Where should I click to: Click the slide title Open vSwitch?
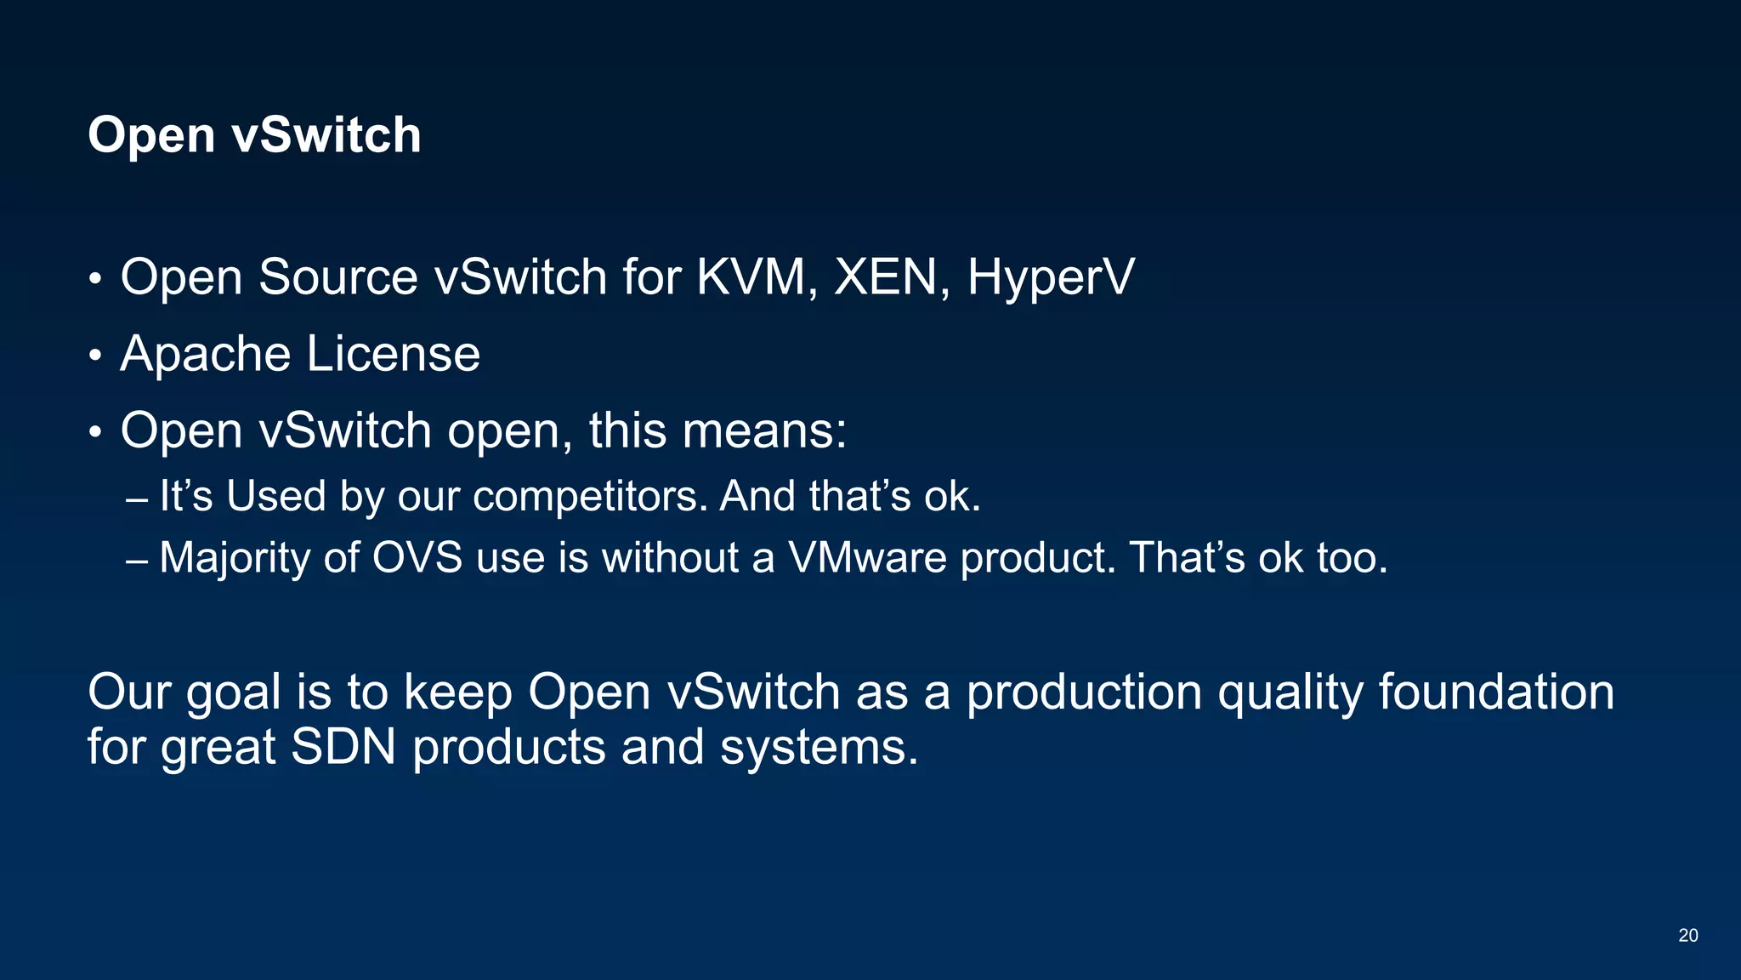(x=254, y=135)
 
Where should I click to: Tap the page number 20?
(x=1688, y=936)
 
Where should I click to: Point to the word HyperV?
(x=1051, y=279)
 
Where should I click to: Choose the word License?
(x=394, y=354)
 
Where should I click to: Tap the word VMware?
(x=867, y=558)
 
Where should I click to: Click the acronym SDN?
(x=343, y=747)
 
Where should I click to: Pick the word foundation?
(x=1496, y=692)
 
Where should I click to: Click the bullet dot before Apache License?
(x=95, y=356)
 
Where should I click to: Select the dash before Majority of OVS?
(x=136, y=561)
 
